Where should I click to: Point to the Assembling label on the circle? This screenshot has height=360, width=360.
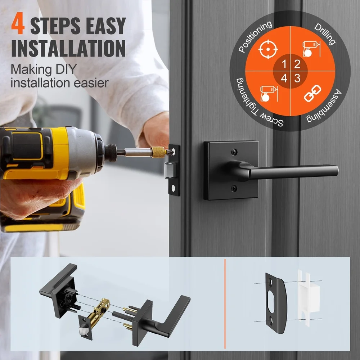click(x=325, y=107)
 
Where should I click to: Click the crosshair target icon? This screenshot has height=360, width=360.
click(x=268, y=50)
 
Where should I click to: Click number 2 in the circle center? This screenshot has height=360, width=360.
click(x=297, y=64)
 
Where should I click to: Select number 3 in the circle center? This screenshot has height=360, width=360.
click(x=297, y=78)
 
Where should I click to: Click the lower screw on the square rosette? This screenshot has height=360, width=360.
click(x=234, y=187)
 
